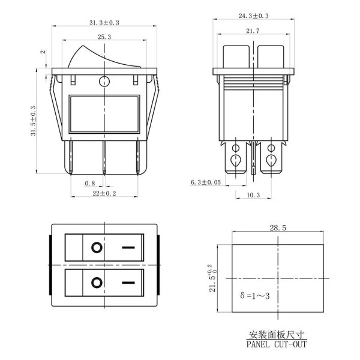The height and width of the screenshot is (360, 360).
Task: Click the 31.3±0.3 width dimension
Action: [x=104, y=23]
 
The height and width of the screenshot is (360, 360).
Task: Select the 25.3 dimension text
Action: [x=104, y=37]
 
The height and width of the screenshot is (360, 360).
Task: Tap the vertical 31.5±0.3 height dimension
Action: [x=34, y=121]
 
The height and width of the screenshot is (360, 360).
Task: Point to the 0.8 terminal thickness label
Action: [x=90, y=183]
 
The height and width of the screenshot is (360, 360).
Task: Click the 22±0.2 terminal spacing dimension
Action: [x=104, y=193]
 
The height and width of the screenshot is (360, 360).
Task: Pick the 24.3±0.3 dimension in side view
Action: [x=253, y=16]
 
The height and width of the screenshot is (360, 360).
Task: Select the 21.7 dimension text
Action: [x=253, y=31]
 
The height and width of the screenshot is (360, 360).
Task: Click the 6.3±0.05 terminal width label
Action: [x=206, y=182]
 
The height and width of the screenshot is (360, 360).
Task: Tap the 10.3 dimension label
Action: [x=253, y=195]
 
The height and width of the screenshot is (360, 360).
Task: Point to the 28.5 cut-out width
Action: [x=278, y=228]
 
